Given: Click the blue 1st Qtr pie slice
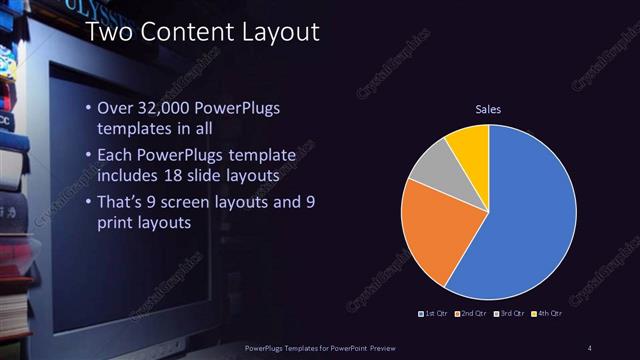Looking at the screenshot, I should (x=525, y=215).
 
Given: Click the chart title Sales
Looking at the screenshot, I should (x=488, y=109).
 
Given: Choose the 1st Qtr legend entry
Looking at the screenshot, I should (x=435, y=315).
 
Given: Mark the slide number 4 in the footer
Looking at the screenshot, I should (x=590, y=346).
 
